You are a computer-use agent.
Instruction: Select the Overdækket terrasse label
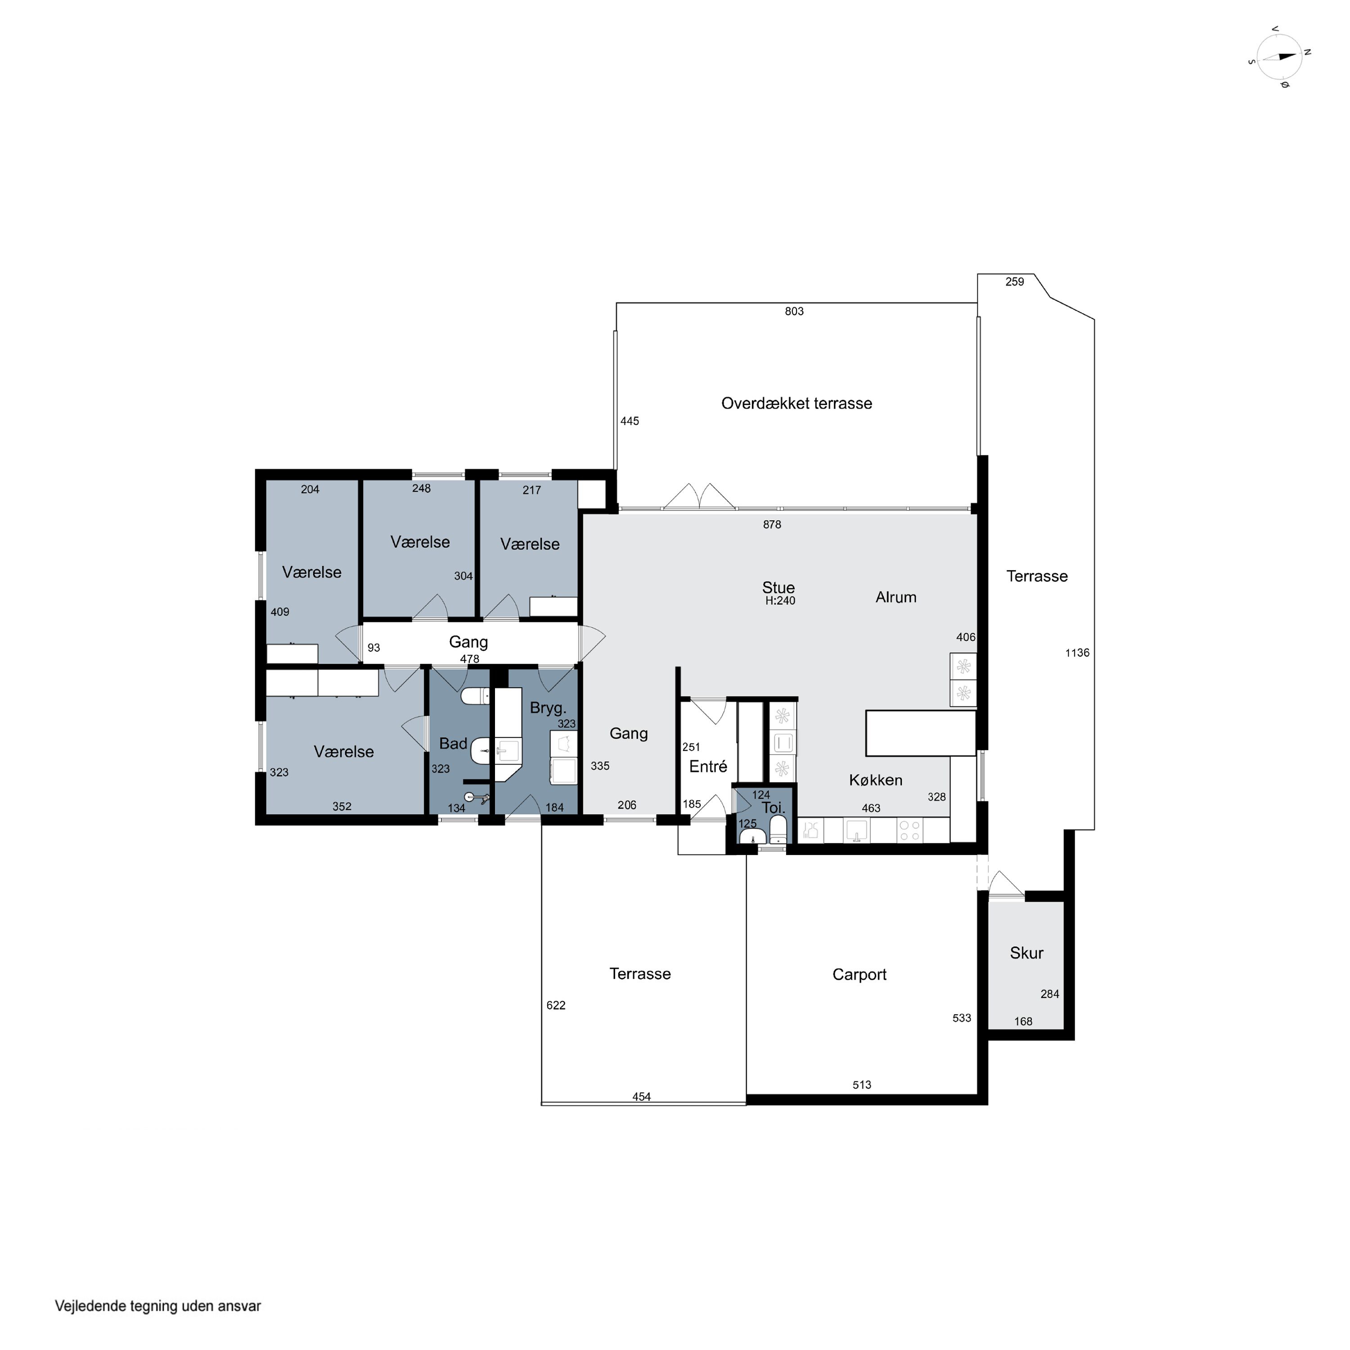coord(796,403)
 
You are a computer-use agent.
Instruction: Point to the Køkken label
coord(876,780)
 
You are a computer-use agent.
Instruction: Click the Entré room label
coord(708,766)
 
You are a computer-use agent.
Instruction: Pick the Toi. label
coord(774,808)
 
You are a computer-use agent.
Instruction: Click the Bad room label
coord(453,743)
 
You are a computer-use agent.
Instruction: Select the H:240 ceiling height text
coord(780,600)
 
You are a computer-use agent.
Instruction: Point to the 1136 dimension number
coord(1077,652)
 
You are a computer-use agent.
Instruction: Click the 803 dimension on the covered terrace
coord(794,312)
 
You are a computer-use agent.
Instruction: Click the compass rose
coord(1279,58)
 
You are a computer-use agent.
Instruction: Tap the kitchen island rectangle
coord(920,733)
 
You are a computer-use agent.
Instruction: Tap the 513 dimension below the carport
coord(862,1085)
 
